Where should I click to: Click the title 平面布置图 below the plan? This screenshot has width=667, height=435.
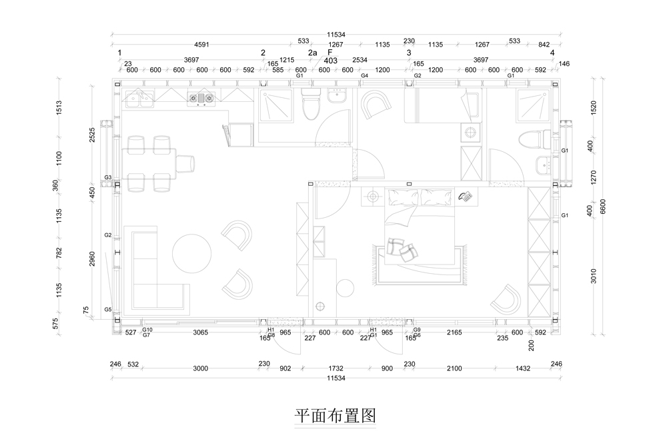tap(336, 416)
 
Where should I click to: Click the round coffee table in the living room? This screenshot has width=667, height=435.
tap(193, 254)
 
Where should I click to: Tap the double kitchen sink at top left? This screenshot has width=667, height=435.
tap(139, 101)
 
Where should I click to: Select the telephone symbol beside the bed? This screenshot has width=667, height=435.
tap(466, 197)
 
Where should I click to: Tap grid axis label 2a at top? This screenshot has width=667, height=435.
tap(312, 53)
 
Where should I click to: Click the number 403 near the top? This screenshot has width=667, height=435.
tap(330, 60)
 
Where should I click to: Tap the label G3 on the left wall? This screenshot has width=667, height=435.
tap(108, 178)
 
